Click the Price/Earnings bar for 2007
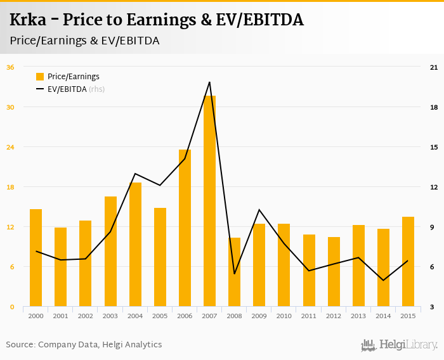tap(209, 201)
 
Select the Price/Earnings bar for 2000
tap(36, 258)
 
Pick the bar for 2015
tap(408, 262)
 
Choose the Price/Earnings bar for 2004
tap(135, 245)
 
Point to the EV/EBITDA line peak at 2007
tap(209, 82)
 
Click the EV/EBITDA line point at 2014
tap(383, 280)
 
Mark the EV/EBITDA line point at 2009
tap(259, 210)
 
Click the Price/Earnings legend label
tap(74, 77)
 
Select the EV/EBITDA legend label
tap(67, 89)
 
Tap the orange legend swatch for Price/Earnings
tap(40, 77)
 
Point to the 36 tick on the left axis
tap(10, 67)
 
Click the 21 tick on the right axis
tap(434, 67)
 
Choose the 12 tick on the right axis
tap(434, 187)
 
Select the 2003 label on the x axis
tap(110, 316)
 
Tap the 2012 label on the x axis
tap(334, 316)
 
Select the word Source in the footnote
tap(20, 345)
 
